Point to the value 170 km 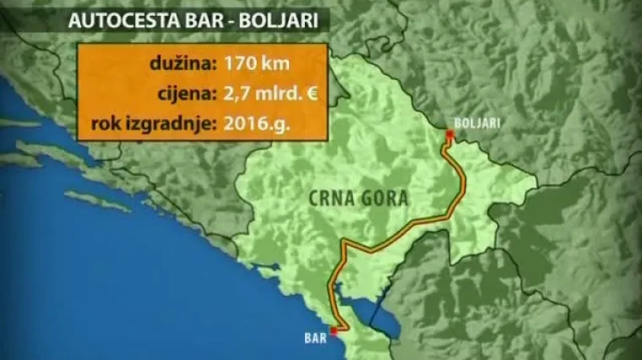[x=261, y=62]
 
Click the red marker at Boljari [x=449, y=134]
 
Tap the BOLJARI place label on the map [x=476, y=123]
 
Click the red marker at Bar [x=334, y=330]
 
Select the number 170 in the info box [x=242, y=62]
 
